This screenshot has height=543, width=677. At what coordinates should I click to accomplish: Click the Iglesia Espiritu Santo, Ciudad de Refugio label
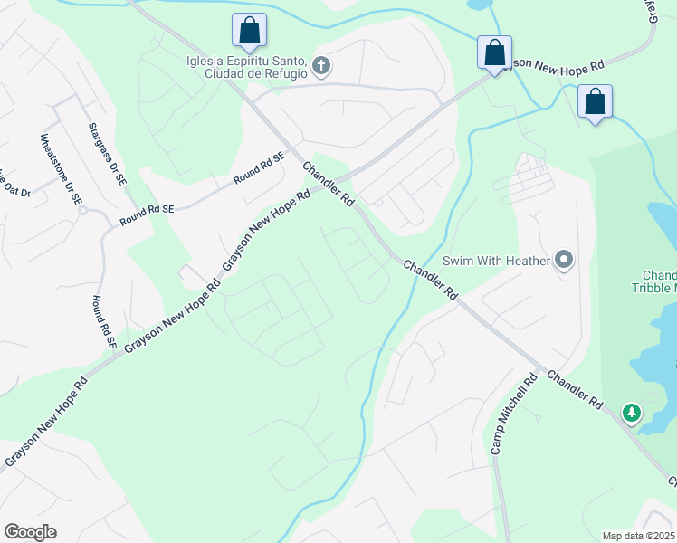tap(244, 67)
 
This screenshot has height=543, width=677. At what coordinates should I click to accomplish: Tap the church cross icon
tap(320, 65)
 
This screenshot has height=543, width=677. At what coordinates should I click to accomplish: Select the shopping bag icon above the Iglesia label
tap(249, 31)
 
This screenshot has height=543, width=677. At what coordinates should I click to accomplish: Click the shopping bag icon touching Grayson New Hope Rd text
tap(494, 52)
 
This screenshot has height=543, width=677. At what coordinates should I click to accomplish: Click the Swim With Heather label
tap(496, 262)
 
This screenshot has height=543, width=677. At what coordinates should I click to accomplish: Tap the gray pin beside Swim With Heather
tap(565, 261)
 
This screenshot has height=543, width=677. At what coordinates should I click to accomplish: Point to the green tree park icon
tap(631, 414)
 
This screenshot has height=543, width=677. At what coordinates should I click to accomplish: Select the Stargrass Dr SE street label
tap(108, 156)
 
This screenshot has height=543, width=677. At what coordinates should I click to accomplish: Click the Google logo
tap(30, 532)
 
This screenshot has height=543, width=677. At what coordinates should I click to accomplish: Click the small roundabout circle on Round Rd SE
tap(81, 210)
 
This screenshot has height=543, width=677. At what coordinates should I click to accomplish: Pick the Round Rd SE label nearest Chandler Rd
tap(259, 168)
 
